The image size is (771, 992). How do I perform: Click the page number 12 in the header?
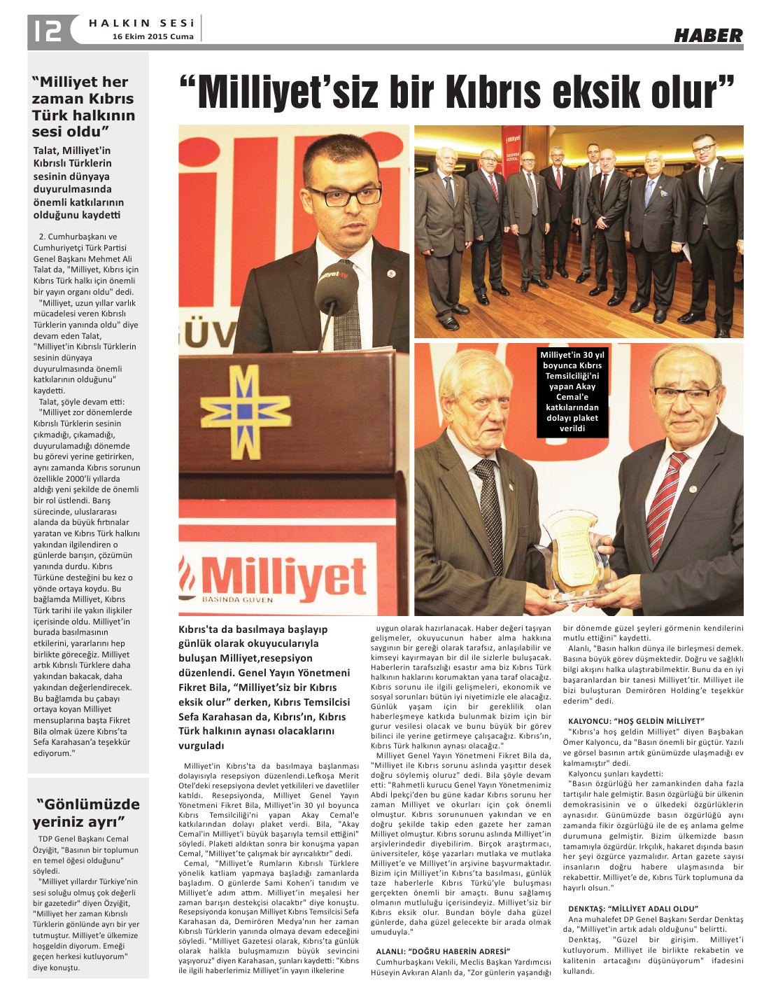click(x=47, y=30)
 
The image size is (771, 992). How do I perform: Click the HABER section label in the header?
click(x=708, y=36)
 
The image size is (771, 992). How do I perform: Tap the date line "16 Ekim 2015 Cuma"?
click(x=153, y=37)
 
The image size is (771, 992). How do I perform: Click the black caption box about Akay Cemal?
click(x=572, y=391)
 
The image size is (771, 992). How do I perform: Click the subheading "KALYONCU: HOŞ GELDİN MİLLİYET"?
click(x=635, y=720)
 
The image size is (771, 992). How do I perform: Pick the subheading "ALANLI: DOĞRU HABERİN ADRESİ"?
click(x=441, y=951)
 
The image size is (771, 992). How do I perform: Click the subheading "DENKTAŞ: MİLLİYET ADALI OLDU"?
click(x=633, y=909)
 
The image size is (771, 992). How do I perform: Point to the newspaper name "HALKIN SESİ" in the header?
click(x=141, y=23)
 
